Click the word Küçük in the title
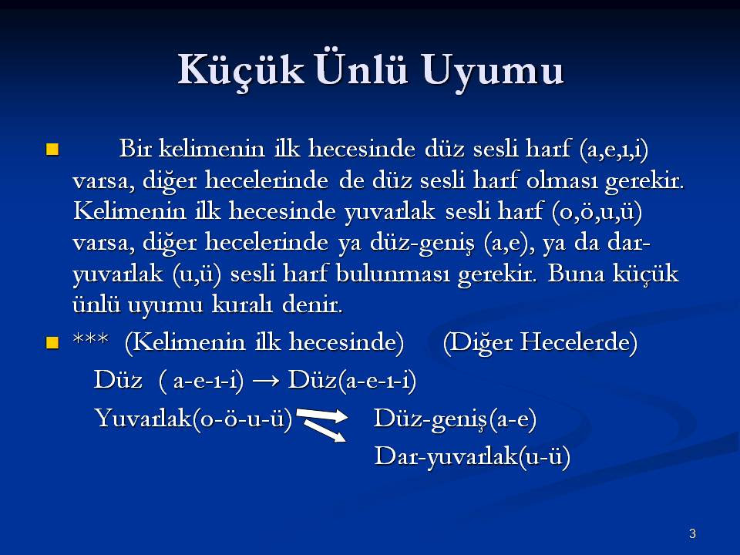[x=240, y=71]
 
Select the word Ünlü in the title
[x=361, y=69]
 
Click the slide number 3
[x=692, y=533]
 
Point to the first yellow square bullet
[x=52, y=149]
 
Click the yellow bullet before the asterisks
[x=52, y=342]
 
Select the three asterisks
[x=91, y=338]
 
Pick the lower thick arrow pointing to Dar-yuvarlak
[x=325, y=430]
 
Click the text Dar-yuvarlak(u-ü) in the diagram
[x=473, y=457]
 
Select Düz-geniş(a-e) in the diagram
[x=455, y=419]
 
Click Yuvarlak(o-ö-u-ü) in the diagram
[x=193, y=418]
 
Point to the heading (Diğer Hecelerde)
[x=540, y=342]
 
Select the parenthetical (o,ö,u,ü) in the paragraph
[x=597, y=212]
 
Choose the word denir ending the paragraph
[x=312, y=304]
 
